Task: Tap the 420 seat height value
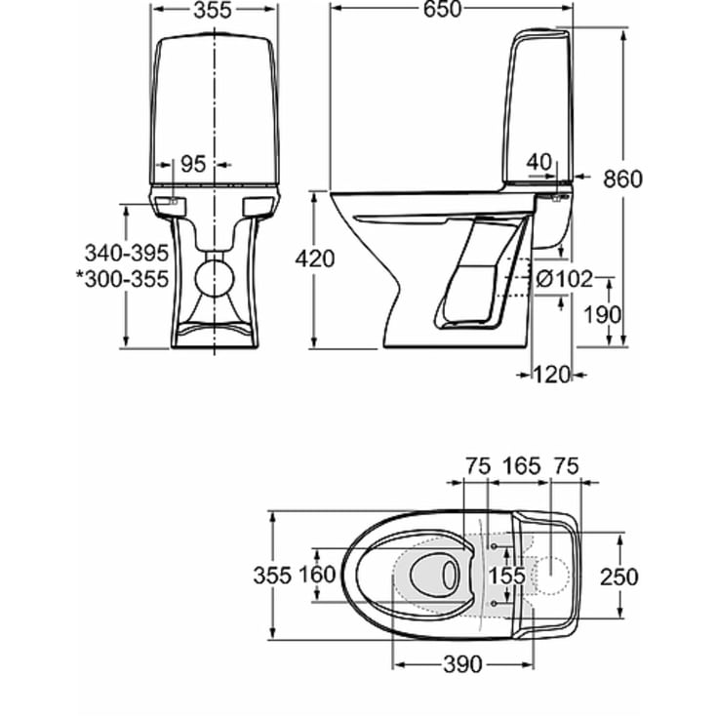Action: coord(314,259)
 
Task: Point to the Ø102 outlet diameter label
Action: coord(565,279)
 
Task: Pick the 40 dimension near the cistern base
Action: coord(540,161)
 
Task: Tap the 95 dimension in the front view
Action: coord(193,164)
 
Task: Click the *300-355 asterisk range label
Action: coord(122,279)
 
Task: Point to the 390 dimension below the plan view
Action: coord(462,664)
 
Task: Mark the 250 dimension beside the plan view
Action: coord(618,577)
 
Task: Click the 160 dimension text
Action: coord(317,576)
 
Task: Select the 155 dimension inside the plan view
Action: coord(506,577)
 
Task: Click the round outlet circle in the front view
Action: coord(214,276)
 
